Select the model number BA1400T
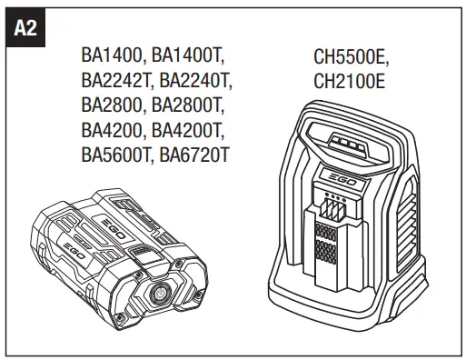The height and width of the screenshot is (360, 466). tap(191, 56)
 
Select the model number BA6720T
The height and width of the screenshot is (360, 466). tap(194, 155)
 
